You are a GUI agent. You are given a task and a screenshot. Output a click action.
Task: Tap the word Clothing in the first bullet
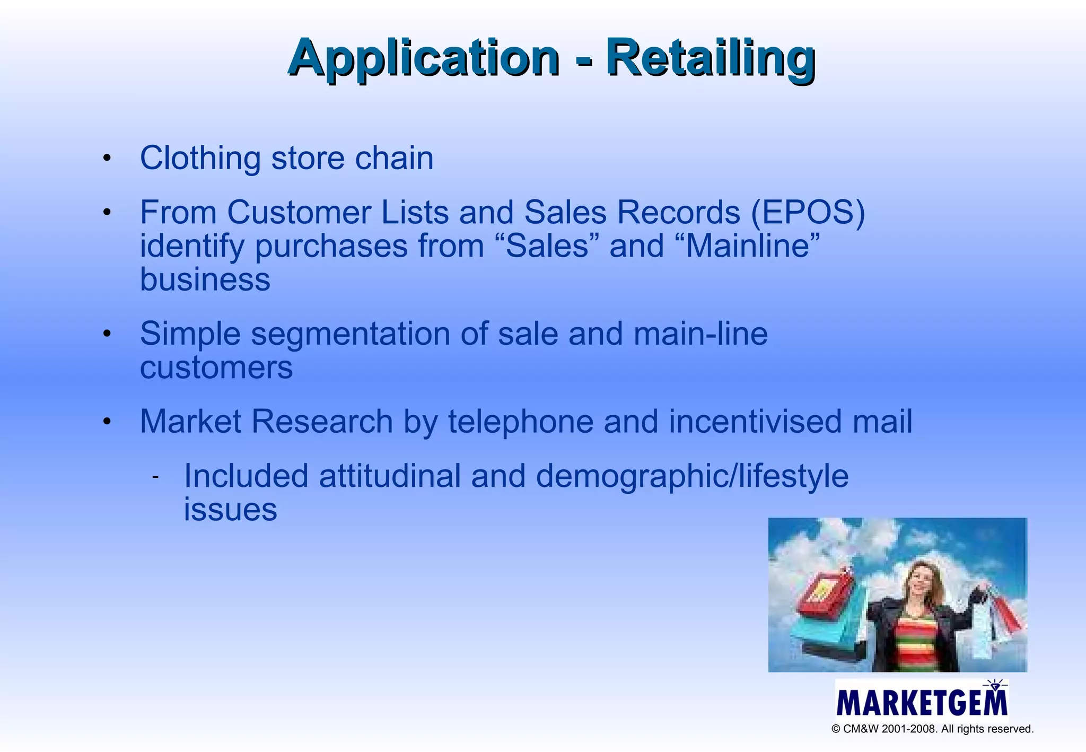pos(200,158)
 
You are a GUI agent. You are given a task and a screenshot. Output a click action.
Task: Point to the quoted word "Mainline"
pos(753,246)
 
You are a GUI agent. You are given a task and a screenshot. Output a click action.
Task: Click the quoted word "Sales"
pos(548,246)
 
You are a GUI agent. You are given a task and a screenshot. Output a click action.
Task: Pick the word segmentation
pos(351,334)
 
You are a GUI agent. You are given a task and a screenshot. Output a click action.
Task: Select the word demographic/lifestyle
pos(692,476)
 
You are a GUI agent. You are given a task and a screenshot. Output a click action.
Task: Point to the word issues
pos(230,510)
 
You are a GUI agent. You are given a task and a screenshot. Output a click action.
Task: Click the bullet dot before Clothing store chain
pos(107,158)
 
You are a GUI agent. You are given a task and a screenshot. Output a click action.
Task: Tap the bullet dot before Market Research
pos(107,422)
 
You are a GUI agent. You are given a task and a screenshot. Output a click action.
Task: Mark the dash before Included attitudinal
pos(155,477)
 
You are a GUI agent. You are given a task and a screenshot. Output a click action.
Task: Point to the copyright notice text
pos(932,729)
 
